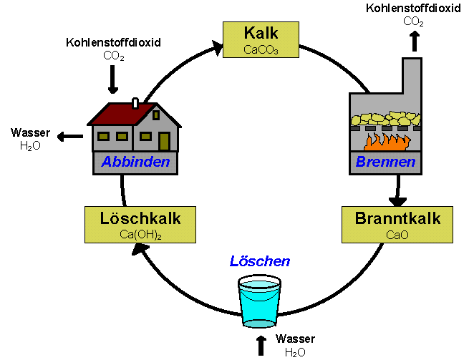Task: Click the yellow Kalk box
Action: click(x=261, y=39)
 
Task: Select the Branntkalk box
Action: click(x=397, y=223)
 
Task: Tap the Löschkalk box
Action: click(x=131, y=223)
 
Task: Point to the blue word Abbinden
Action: click(x=135, y=162)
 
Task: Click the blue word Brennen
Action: click(x=385, y=162)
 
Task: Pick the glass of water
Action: click(x=260, y=301)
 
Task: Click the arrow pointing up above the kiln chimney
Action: click(x=413, y=41)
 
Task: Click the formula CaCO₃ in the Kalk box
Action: click(x=261, y=50)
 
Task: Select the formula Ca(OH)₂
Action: click(x=131, y=235)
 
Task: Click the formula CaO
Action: click(x=397, y=234)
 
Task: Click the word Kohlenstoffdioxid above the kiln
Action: click(x=413, y=9)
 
